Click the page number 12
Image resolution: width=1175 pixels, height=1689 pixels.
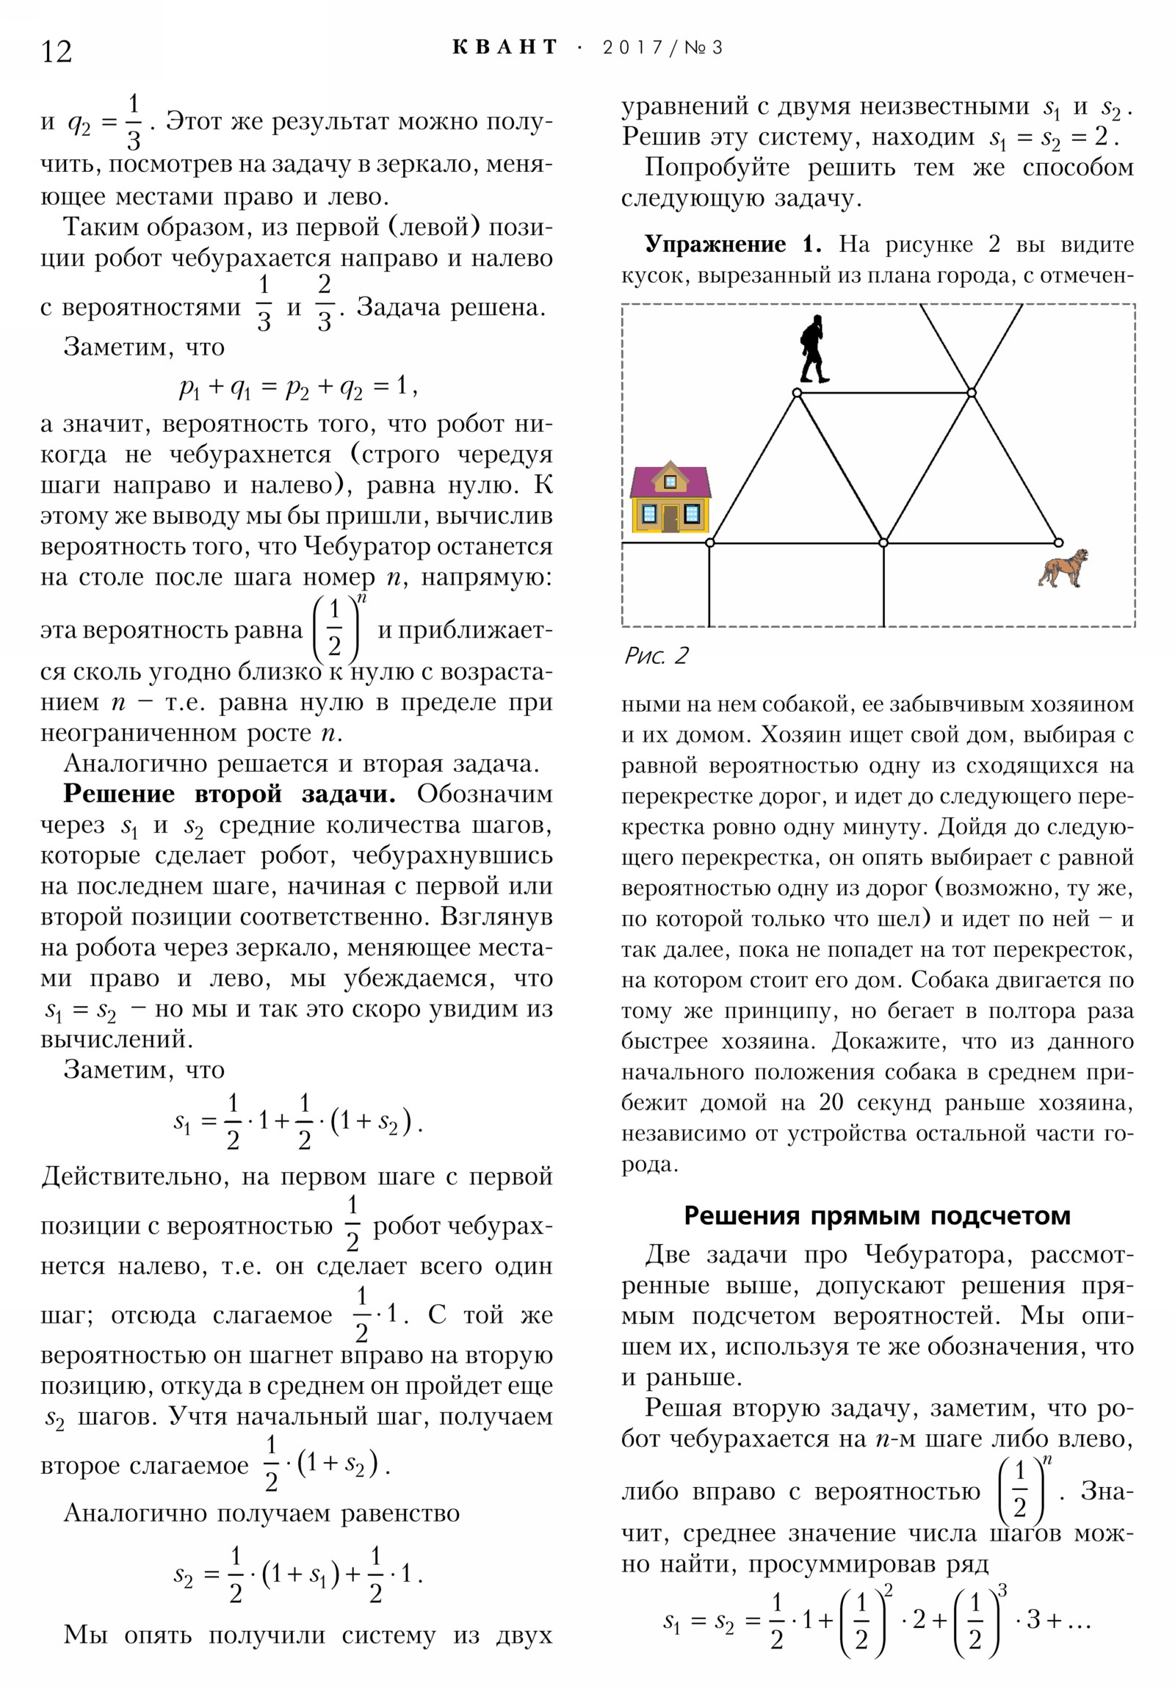coord(57,52)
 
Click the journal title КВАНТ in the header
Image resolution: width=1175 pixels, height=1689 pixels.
coord(505,48)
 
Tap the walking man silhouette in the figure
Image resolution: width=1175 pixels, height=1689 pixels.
coord(814,350)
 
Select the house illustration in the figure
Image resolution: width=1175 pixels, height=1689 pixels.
coord(670,499)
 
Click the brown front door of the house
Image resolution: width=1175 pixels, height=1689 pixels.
coord(670,518)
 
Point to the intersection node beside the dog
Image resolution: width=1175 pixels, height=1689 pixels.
coord(1058,543)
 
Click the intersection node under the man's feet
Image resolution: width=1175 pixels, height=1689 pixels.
coord(797,393)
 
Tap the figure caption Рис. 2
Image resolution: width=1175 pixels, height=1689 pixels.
coord(656,656)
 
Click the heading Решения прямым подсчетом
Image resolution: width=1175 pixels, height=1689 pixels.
coord(877,1215)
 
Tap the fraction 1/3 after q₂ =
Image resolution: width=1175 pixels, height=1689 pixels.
coord(133,122)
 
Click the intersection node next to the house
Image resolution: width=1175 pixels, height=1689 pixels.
coord(710,543)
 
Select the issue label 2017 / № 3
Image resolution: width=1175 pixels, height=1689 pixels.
coord(662,48)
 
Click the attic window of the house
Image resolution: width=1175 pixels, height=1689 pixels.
coord(670,482)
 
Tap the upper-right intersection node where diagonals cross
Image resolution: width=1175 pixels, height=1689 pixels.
coord(971,393)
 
